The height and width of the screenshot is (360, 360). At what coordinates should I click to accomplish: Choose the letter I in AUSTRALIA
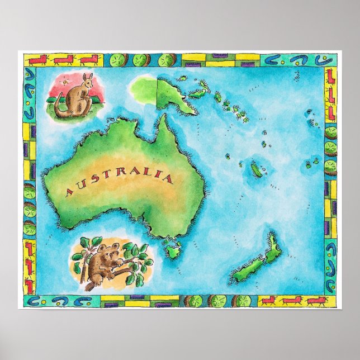(x=158, y=178)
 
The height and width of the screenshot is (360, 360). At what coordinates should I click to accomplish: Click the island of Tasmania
(x=171, y=246)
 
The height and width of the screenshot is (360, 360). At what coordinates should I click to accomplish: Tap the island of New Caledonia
(x=257, y=170)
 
